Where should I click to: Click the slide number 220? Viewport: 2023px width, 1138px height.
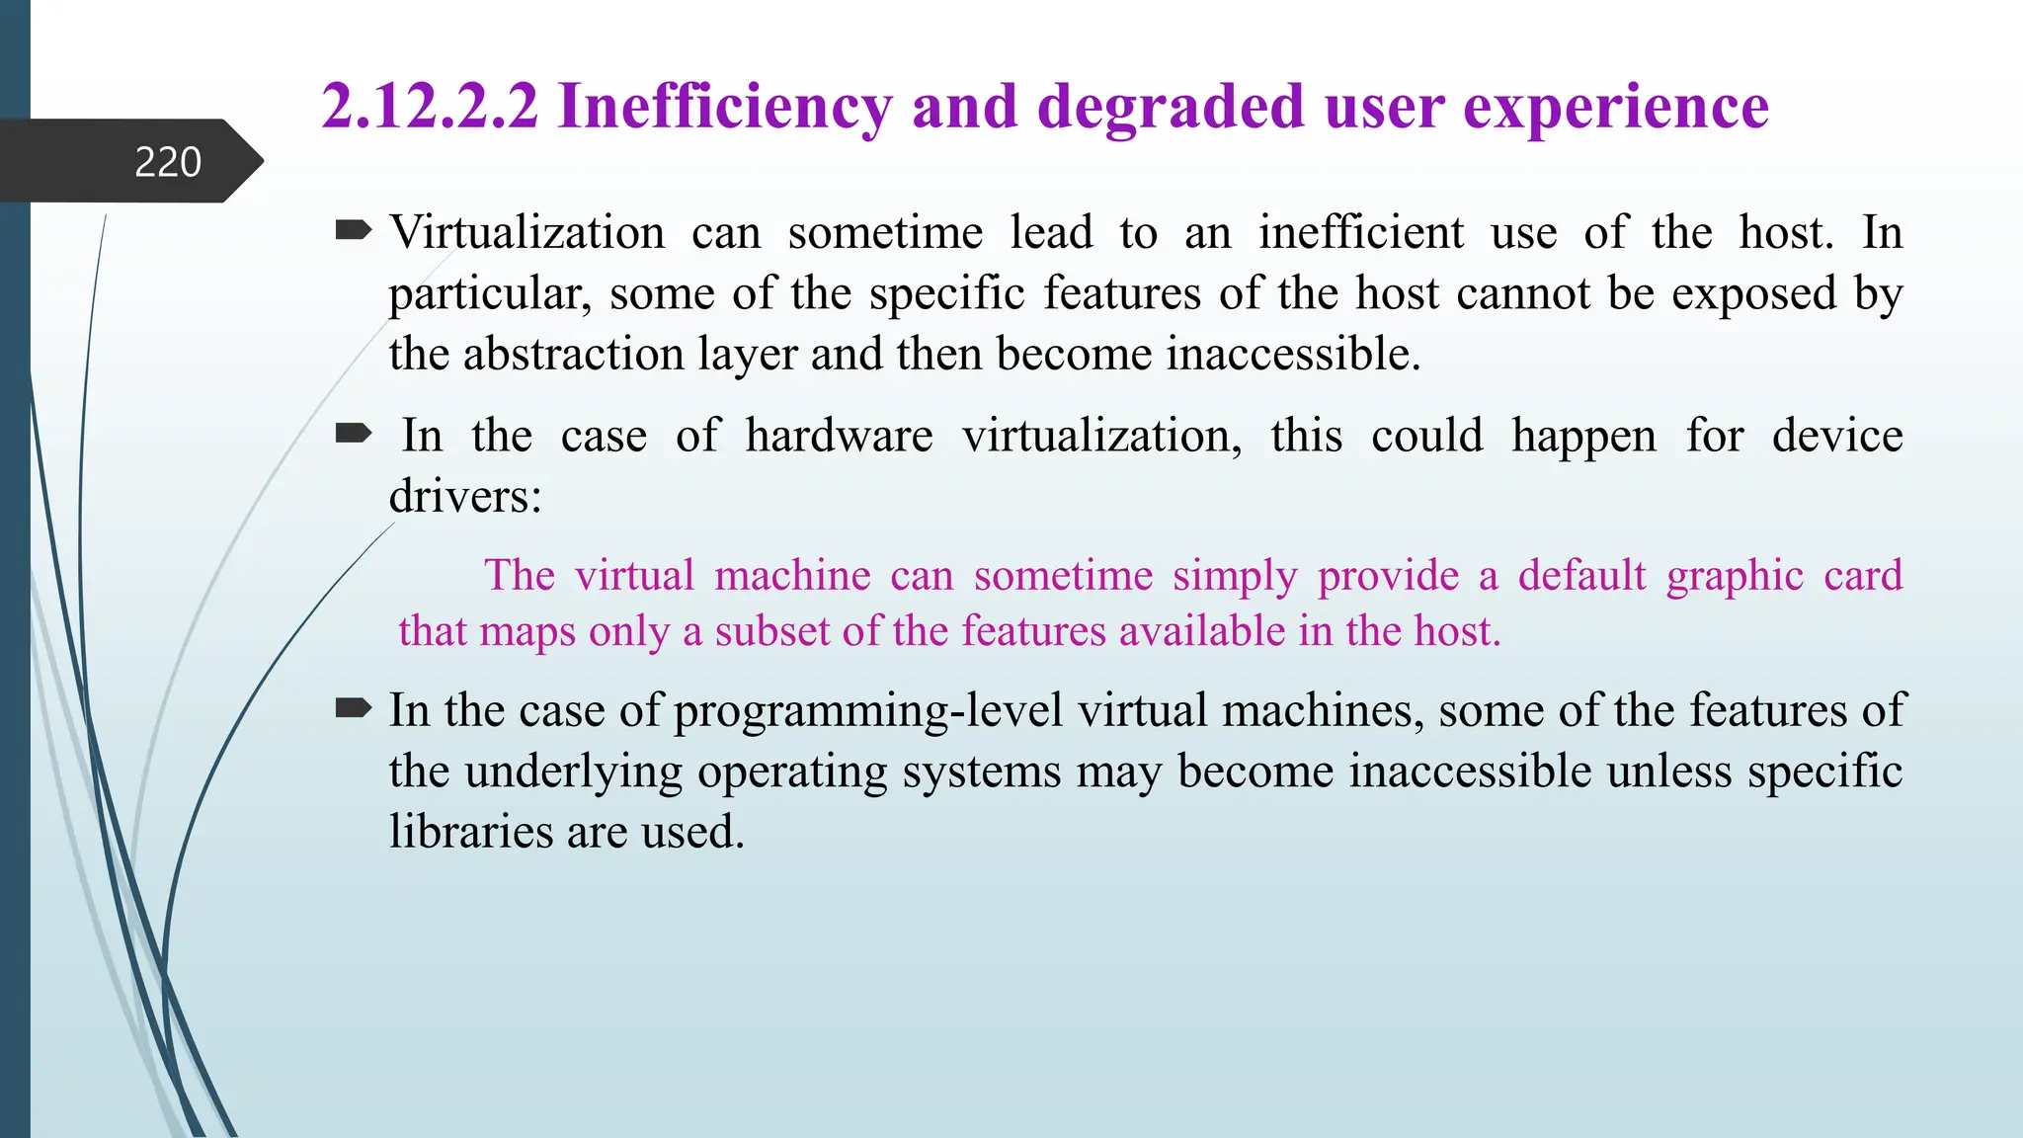point(168,162)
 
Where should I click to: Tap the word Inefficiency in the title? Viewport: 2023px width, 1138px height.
point(724,107)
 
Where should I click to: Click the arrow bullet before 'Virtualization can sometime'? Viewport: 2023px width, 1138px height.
point(353,231)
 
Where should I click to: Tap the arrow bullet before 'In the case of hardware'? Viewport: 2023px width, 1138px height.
point(353,434)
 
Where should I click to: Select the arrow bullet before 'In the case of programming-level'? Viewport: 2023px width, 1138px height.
point(353,708)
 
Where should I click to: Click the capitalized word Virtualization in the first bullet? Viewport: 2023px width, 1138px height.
point(527,233)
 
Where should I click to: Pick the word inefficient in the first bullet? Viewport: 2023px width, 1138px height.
point(1361,233)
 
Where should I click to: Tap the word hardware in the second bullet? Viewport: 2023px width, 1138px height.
point(839,436)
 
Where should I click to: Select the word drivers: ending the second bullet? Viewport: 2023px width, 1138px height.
point(465,496)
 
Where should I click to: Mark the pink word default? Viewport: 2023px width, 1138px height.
point(1581,575)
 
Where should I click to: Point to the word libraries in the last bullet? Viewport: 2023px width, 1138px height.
point(470,832)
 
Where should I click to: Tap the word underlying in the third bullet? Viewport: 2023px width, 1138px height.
point(573,772)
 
